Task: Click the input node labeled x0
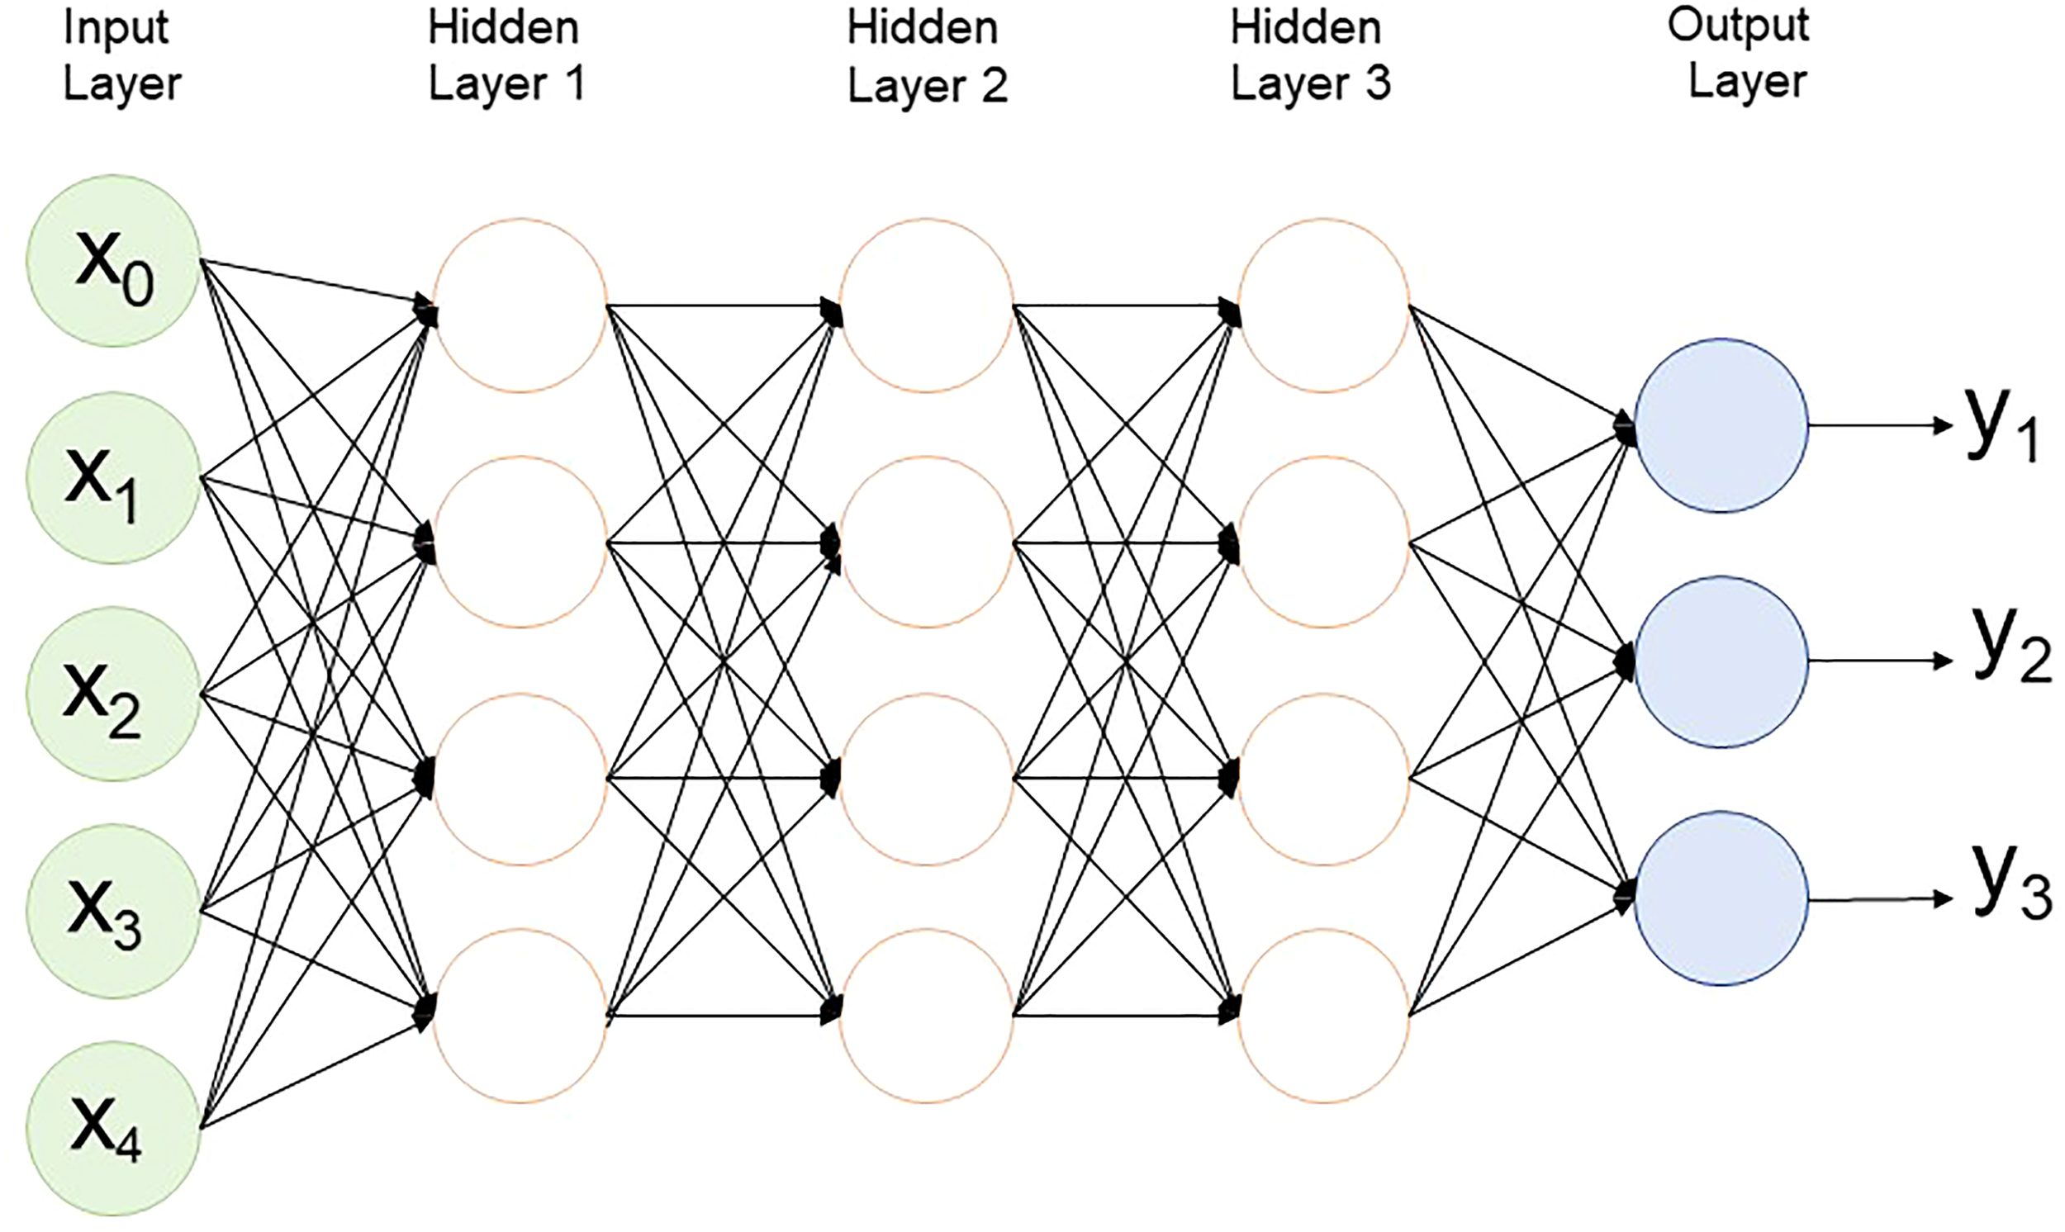pyautogui.click(x=113, y=261)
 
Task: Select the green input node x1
pyautogui.click(x=113, y=479)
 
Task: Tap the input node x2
pyautogui.click(x=113, y=694)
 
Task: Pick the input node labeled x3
pyautogui.click(x=113, y=912)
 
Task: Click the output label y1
pyautogui.click(x=2001, y=429)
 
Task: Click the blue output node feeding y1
pyautogui.click(x=1721, y=425)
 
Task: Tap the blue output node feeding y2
pyautogui.click(x=1721, y=661)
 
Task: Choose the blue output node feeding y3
pyautogui.click(x=1721, y=899)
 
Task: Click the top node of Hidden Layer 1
pyautogui.click(x=520, y=306)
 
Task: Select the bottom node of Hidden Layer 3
pyautogui.click(x=1323, y=1016)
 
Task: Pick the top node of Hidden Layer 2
pyautogui.click(x=926, y=306)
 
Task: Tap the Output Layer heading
pyautogui.click(x=1740, y=54)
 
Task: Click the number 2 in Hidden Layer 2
pyautogui.click(x=994, y=87)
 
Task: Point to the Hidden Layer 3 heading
pyautogui.click(x=1309, y=56)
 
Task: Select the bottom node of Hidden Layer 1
pyautogui.click(x=520, y=1016)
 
